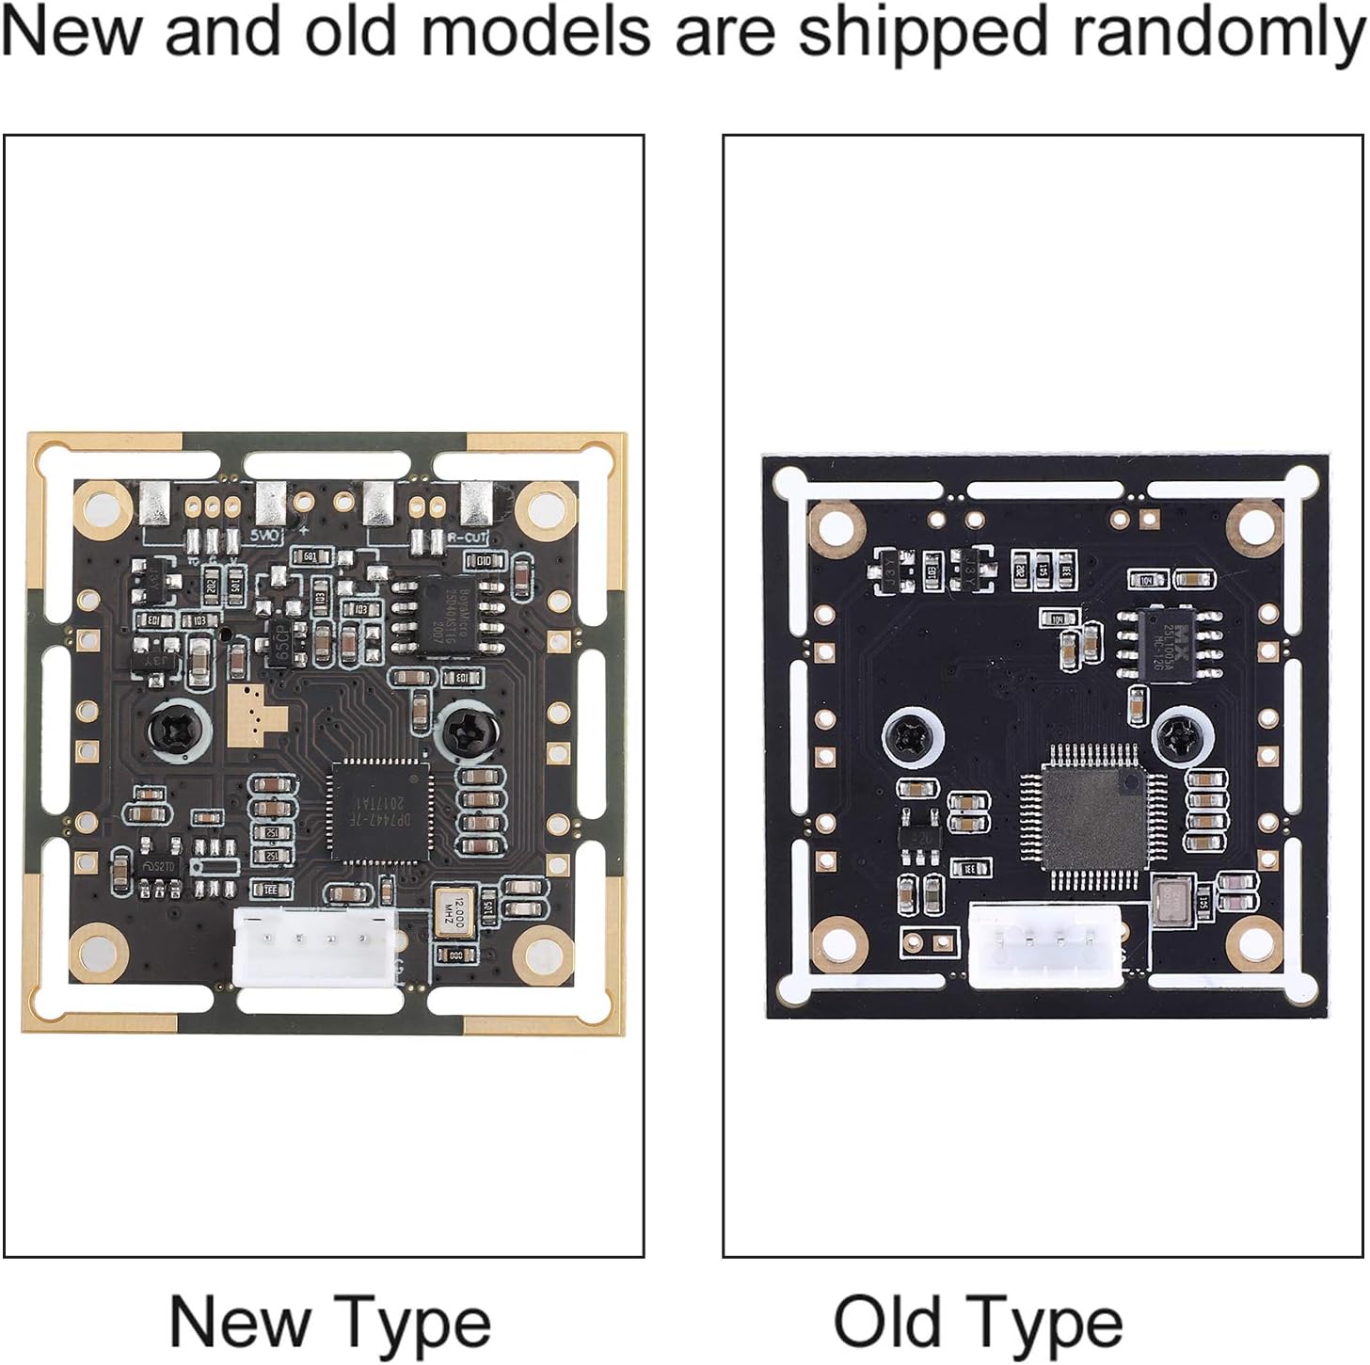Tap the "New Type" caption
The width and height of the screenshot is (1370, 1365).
tap(330, 1322)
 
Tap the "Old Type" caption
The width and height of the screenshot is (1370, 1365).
tap(978, 1322)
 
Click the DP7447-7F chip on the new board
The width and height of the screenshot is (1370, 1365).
tap(380, 811)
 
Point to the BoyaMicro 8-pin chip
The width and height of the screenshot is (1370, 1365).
tap(438, 612)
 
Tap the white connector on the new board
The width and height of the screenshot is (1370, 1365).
tap(313, 946)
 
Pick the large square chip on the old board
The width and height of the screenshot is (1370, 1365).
tap(1095, 817)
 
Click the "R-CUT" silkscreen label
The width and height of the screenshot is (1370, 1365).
tap(467, 538)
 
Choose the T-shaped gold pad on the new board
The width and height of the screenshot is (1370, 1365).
tap(251, 712)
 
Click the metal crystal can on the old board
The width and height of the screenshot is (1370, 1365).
tap(1171, 899)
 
